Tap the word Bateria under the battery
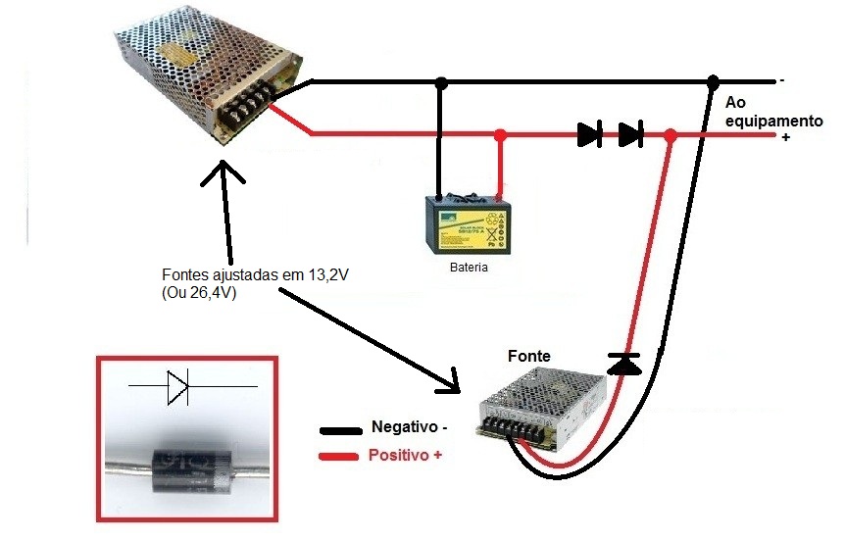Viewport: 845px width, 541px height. coord(468,268)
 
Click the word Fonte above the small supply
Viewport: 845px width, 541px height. coord(528,356)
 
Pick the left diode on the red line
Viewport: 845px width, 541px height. coord(589,134)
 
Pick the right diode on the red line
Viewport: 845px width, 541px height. coord(630,134)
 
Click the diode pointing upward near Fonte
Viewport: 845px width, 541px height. coord(622,364)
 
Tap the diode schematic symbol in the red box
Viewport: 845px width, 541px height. coord(176,388)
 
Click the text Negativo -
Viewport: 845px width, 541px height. coord(409,427)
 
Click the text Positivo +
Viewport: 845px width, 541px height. coord(404,456)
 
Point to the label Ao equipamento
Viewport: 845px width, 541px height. coord(772,112)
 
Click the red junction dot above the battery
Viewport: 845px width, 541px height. coord(500,134)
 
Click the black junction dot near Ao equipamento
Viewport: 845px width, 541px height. coord(712,80)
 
